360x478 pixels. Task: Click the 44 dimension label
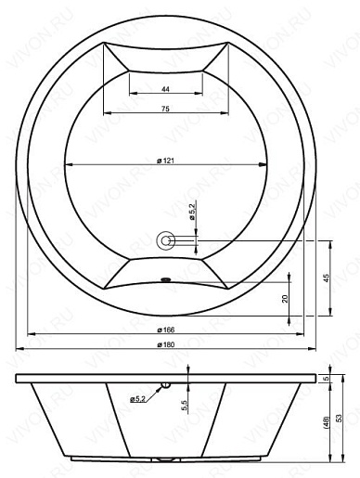[166, 89]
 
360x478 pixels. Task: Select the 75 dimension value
[166, 109]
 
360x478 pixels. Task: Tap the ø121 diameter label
[165, 161]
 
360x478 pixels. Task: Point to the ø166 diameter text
[166, 329]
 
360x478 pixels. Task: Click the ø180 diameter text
[166, 344]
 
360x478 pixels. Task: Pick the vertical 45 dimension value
[327, 278]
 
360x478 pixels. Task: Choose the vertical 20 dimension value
[285, 298]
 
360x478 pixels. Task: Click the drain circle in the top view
[166, 240]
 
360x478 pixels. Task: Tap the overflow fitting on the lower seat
[166, 280]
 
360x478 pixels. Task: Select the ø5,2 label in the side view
[137, 399]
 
